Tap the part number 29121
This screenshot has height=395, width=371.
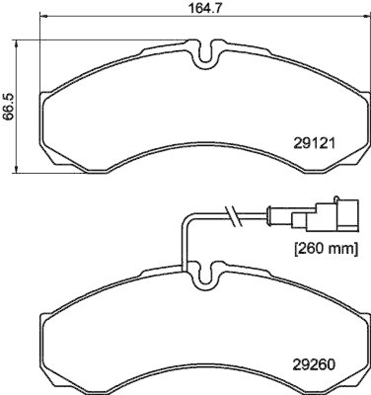[314, 143]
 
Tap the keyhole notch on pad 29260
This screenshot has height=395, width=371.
[205, 276]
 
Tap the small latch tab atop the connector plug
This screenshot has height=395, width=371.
[337, 198]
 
